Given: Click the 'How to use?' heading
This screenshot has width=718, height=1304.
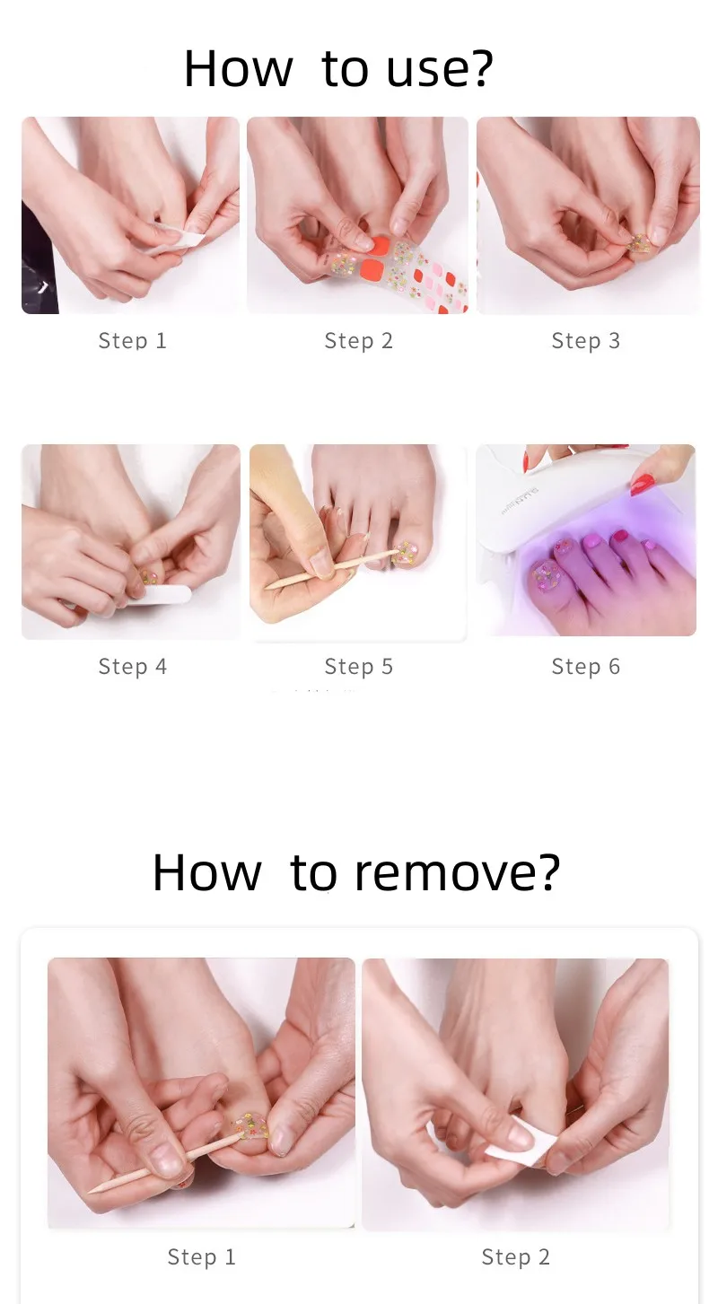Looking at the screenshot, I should [x=338, y=69].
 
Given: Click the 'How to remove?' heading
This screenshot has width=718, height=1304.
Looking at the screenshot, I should [x=355, y=871].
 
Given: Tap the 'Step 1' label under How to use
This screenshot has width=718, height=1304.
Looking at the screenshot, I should [x=132, y=341].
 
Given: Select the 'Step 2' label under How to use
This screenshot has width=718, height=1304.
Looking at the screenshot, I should [x=358, y=341].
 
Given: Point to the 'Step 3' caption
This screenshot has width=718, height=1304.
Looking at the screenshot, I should [x=585, y=341].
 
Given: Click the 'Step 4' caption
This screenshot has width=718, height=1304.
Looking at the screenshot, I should [x=132, y=667].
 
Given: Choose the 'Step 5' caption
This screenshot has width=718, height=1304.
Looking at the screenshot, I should [x=358, y=667].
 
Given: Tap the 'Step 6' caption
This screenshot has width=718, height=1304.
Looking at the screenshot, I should [x=585, y=667].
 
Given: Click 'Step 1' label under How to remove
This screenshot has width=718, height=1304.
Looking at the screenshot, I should [x=201, y=1257].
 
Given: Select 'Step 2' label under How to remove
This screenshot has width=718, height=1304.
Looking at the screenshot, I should [x=515, y=1257].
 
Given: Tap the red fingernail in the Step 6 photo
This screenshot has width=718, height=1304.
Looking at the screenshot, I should [x=643, y=486].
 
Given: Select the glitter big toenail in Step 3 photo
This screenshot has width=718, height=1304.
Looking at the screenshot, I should [x=640, y=242].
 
